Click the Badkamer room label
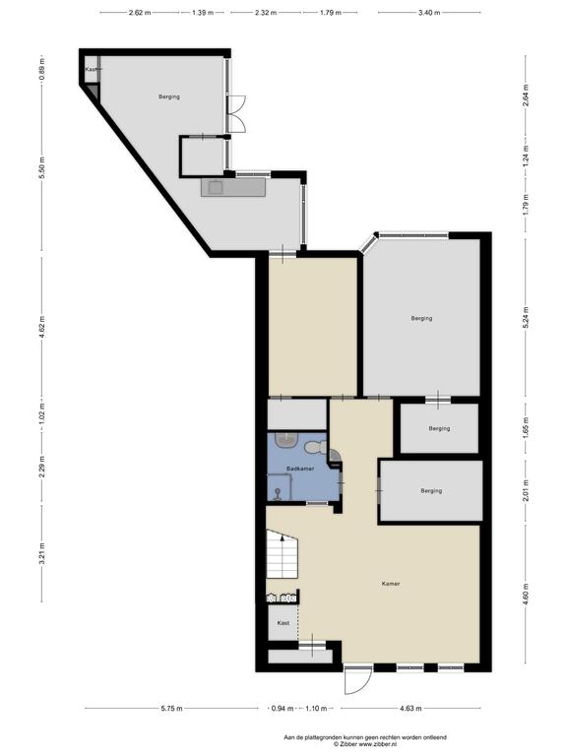300,469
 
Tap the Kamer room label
391,584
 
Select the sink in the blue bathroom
287,439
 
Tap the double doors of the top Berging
237,114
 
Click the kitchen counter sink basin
215,187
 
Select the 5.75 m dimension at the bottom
172,709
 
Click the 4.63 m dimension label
410,709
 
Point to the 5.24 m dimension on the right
526,317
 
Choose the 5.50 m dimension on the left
42,168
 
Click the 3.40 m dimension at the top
429,13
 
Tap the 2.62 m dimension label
140,13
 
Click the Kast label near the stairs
283,623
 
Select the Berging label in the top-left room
169,96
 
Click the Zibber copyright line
365,744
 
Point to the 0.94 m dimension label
283,709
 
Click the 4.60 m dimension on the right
526,594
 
